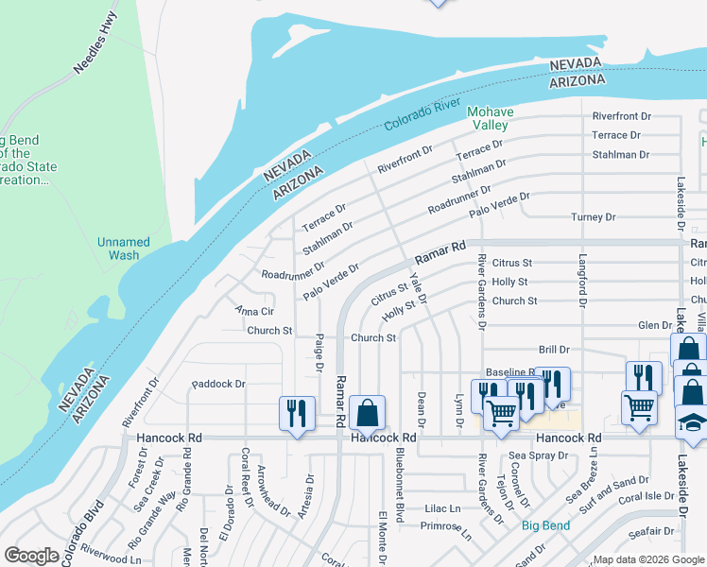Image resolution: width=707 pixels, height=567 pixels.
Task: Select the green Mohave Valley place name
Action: (491, 119)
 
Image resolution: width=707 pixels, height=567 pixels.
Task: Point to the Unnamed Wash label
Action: (124, 249)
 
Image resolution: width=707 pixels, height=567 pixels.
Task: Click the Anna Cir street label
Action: (254, 311)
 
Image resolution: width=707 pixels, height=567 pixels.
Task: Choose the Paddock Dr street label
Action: (218, 385)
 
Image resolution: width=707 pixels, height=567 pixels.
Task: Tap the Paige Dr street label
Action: (320, 352)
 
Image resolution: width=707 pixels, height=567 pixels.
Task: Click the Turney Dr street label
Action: (594, 217)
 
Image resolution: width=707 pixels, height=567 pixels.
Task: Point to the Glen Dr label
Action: (655, 325)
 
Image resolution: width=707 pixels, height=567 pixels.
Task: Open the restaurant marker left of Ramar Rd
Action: (297, 413)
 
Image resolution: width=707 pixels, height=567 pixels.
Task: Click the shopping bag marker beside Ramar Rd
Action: (366, 413)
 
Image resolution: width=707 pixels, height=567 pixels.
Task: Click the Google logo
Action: (30, 555)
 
